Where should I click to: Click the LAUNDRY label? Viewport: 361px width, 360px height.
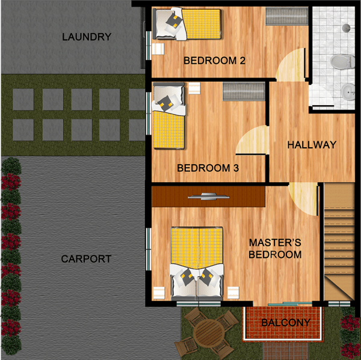87,37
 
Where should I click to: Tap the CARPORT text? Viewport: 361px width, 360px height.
86,259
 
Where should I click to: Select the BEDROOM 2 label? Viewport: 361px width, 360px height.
214,61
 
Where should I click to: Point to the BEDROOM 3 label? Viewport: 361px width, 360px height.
208,168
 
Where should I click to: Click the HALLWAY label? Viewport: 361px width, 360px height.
312,145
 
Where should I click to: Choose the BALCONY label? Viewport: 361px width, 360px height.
286,323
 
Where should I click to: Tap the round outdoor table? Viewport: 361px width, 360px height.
209,333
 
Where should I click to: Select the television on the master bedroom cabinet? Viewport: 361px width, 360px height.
209,197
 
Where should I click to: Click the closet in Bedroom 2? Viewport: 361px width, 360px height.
286,16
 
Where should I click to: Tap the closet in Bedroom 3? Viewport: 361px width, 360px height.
244,91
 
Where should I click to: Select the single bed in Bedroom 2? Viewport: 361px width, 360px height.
188,23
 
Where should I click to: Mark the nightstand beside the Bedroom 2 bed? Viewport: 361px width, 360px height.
158,49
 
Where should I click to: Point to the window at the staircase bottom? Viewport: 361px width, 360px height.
339,304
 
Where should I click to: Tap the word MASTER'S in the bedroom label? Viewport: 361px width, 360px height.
275,243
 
